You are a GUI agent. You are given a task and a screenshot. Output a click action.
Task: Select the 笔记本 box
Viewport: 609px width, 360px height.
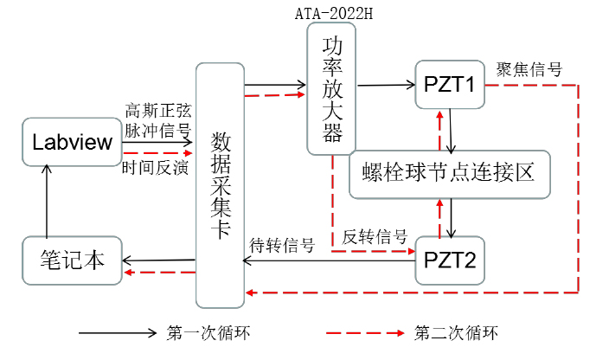(x=73, y=258)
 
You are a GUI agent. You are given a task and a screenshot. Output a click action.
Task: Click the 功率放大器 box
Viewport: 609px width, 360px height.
(x=332, y=90)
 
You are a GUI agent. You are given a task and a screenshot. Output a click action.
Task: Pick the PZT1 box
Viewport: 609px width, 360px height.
(x=448, y=85)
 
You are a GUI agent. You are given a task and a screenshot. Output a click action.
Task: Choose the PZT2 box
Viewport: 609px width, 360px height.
(x=448, y=259)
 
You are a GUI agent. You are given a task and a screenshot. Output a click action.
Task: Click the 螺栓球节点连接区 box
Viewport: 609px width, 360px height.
(x=450, y=173)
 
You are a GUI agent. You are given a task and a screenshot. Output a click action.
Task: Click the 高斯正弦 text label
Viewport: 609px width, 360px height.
(x=158, y=112)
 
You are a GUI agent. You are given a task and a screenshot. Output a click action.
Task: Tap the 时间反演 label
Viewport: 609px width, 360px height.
(x=156, y=167)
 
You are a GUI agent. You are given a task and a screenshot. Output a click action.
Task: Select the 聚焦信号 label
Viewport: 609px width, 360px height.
(x=529, y=69)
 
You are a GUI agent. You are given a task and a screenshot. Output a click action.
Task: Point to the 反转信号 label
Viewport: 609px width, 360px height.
(x=375, y=235)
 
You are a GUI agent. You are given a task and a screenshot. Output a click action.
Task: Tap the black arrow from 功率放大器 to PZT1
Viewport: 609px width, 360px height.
(x=386, y=85)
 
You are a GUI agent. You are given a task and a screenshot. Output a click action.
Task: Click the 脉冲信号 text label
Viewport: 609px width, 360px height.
(x=158, y=131)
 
